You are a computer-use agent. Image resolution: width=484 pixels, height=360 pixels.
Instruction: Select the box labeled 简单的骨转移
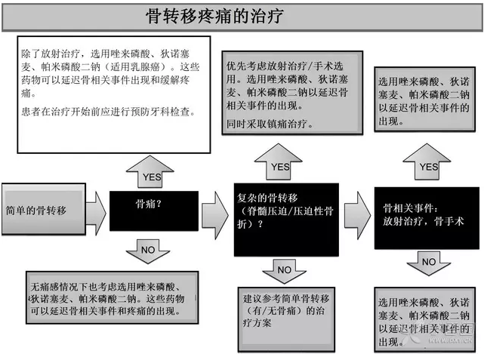point(43,210)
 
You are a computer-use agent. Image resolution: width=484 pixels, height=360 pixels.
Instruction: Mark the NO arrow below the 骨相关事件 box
point(428,263)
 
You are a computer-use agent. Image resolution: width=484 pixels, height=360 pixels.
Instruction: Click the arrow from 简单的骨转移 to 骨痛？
point(96,208)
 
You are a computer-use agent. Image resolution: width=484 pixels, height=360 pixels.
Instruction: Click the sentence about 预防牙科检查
point(108,112)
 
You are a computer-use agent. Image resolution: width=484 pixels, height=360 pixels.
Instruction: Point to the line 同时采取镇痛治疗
point(270,124)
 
